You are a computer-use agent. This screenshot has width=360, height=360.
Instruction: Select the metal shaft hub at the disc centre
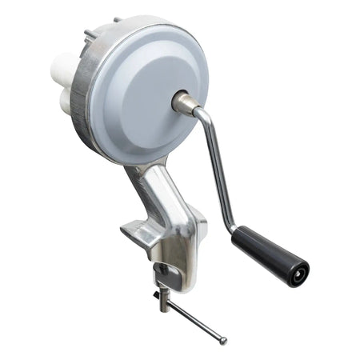[183, 102]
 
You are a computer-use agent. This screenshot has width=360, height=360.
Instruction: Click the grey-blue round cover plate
[148, 88]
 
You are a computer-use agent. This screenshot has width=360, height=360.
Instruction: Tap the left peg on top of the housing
[89, 34]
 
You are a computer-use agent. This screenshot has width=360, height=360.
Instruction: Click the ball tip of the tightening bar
[222, 342]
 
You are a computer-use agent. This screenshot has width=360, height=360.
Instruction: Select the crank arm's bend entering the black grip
[234, 224]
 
